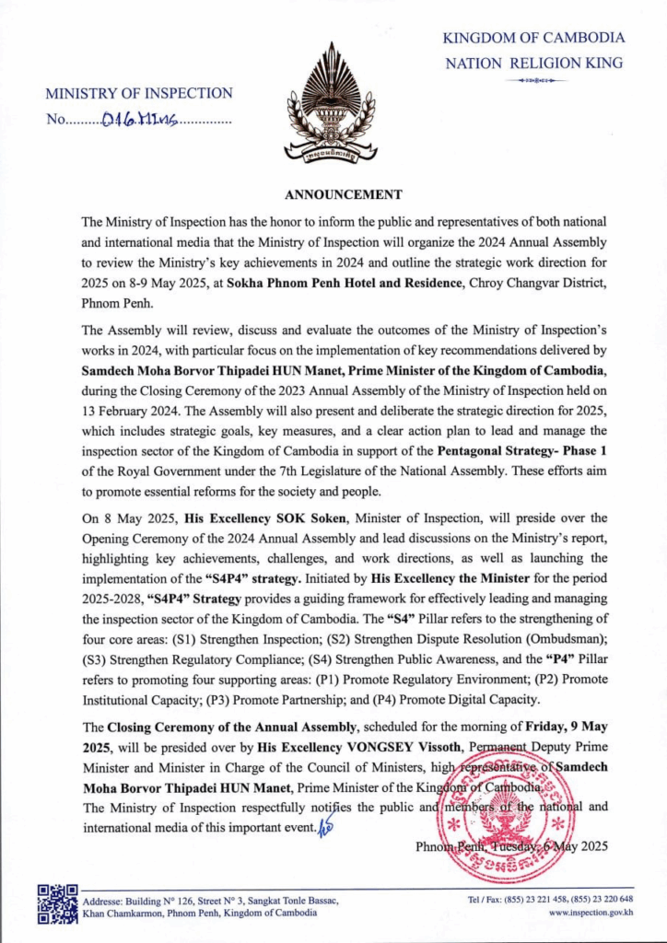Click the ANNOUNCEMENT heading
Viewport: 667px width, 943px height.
coord(343,194)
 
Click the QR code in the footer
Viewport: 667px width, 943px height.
coord(57,904)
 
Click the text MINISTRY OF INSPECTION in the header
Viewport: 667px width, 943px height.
coord(139,93)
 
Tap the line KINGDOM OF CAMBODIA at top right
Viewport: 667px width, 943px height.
coord(533,38)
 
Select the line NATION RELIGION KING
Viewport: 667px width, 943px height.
coord(533,64)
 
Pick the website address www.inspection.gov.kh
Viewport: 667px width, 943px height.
coord(591,913)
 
